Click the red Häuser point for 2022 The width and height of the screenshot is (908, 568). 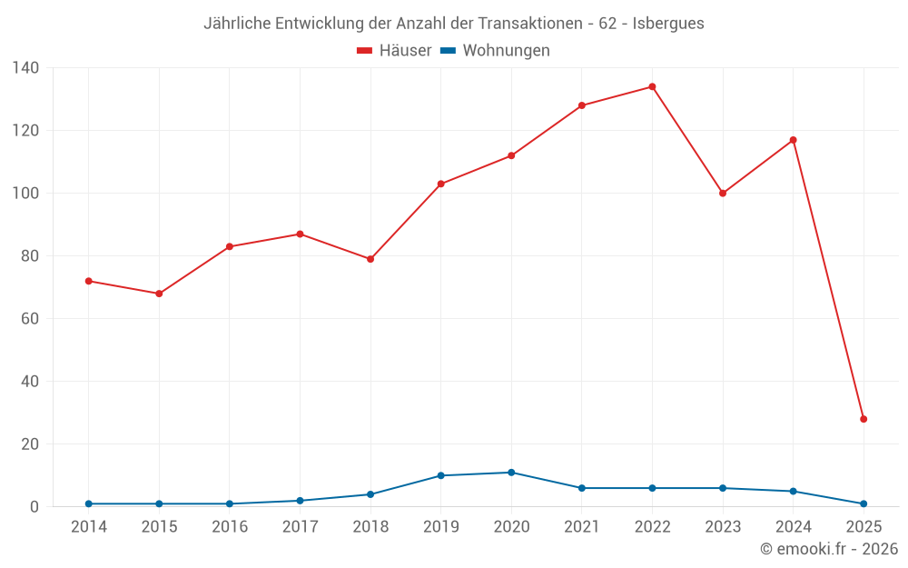652,87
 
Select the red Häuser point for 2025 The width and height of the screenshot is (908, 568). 864,419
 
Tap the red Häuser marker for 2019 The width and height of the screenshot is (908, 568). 440,184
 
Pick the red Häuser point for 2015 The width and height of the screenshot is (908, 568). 159,294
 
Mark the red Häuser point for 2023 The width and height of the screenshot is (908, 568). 723,194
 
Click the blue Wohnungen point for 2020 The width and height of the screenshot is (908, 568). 511,473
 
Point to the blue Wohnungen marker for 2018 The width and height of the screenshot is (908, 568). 370,494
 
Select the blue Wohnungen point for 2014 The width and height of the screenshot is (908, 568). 88,503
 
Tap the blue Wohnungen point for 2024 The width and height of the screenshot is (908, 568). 793,492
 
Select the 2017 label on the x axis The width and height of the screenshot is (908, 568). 300,527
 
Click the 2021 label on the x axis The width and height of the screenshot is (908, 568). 582,527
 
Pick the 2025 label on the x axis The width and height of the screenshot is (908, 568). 864,527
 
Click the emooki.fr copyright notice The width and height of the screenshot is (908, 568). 828,549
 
